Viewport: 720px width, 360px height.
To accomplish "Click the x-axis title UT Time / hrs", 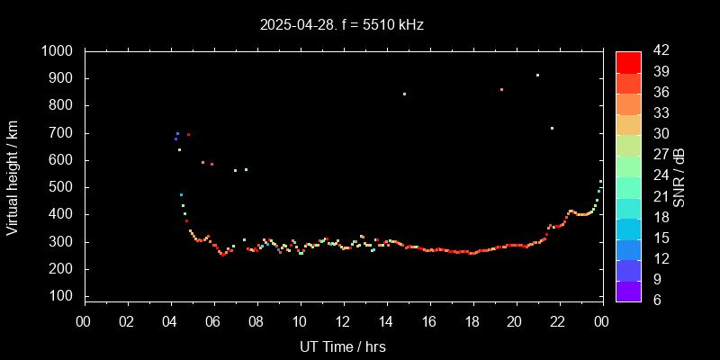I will (x=343, y=346).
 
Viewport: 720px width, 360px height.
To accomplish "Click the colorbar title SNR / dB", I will (x=679, y=175).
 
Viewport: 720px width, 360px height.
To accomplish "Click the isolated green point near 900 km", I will (x=537, y=76).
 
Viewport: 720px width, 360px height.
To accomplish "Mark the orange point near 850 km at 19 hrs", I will (x=501, y=89).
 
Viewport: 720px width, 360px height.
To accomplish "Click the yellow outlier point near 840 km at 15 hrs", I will (x=404, y=94).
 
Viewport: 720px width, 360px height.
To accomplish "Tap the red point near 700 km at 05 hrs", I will (x=188, y=134).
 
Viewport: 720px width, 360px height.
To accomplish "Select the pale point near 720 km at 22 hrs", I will (x=552, y=128).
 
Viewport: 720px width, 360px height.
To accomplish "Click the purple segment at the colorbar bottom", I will (x=628, y=290).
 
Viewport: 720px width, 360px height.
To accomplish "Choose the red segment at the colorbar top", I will (x=628, y=61).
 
